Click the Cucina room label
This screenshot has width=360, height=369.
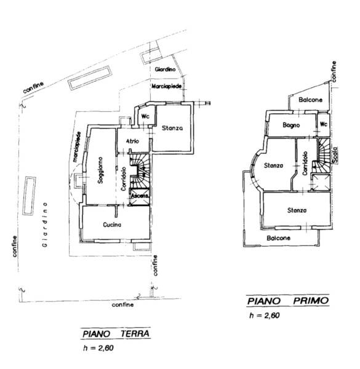(112, 224)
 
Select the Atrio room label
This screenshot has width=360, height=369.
(132, 141)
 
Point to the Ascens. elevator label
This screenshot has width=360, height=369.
(140, 196)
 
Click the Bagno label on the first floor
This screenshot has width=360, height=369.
(291, 125)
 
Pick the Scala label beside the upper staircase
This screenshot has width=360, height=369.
(335, 154)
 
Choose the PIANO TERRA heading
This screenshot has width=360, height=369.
(116, 334)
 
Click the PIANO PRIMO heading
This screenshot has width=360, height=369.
(288, 301)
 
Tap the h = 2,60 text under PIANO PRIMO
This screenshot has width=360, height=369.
(265, 315)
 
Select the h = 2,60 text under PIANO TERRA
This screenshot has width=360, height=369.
(98, 348)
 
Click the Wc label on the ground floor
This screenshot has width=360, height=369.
(145, 116)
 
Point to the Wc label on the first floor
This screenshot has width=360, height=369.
(324, 124)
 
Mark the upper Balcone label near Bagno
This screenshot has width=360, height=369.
(310, 100)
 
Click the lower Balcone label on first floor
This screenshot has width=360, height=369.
(278, 238)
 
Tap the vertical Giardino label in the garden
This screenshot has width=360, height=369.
(44, 224)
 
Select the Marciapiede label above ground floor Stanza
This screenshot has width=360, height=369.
(167, 86)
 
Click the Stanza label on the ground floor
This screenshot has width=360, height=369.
(172, 129)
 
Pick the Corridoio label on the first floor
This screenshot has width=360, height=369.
(305, 164)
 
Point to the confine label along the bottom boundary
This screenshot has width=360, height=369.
(122, 305)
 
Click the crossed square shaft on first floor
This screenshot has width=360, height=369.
(321, 183)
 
